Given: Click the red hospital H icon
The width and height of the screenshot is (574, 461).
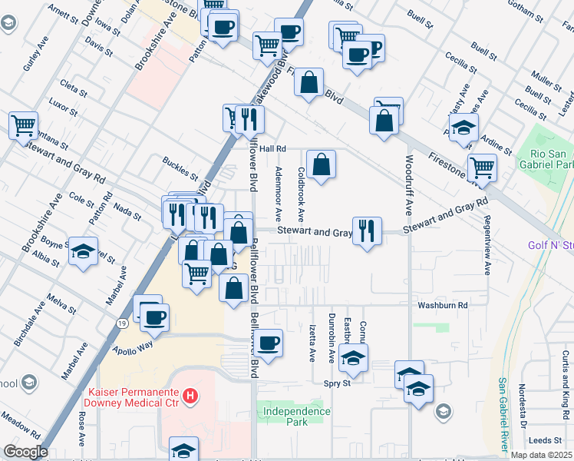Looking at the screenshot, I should coord(190,397).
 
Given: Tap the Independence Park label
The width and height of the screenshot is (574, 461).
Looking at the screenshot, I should coord(296,416).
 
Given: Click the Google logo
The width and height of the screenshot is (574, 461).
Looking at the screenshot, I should coord(25,452).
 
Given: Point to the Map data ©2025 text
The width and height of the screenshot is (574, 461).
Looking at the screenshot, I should coord(542,455).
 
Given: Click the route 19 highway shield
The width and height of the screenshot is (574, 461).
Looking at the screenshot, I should coord(123,325).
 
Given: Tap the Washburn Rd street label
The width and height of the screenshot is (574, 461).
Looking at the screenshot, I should coord(443,305).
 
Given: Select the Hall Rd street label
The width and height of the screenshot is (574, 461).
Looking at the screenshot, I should coord(272,148).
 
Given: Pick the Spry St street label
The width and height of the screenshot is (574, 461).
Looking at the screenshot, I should coord(337,383).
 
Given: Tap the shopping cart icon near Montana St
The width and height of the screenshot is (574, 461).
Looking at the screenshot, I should coord(24,124).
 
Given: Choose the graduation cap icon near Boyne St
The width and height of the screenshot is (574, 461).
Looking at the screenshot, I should coord(82,251).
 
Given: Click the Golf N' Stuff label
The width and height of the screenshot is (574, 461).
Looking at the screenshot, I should coord(552,245).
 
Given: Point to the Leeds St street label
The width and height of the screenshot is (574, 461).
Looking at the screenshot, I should coord(546,440).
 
